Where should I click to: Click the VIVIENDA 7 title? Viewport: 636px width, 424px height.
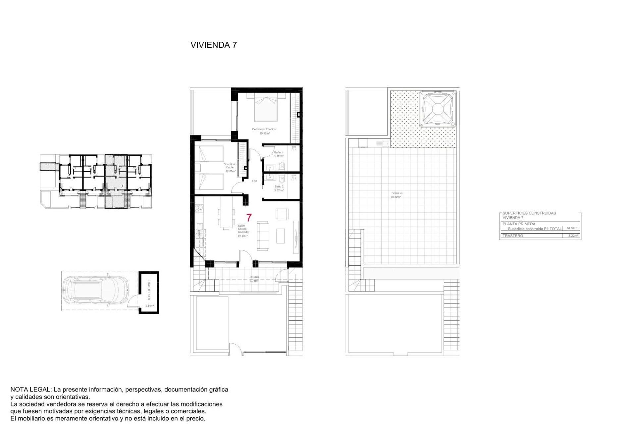click(x=214, y=45)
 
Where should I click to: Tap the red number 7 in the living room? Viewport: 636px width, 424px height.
click(x=249, y=218)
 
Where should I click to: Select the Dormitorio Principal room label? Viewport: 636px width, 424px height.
click(x=264, y=130)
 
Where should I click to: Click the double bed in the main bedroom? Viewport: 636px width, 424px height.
click(x=266, y=108)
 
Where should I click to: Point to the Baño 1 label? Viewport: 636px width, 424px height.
click(x=278, y=153)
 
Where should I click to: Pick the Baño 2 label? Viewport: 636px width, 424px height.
click(x=279, y=187)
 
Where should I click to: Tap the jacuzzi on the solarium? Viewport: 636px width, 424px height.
click(x=437, y=109)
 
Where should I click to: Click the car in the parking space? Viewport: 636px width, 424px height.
click(x=96, y=291)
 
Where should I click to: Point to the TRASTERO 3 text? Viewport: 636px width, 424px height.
click(x=149, y=290)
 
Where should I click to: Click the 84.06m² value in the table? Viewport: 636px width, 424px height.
click(x=572, y=228)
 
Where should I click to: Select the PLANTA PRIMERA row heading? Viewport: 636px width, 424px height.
click(x=519, y=224)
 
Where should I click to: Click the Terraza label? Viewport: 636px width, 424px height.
click(x=254, y=277)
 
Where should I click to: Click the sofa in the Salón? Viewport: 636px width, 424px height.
click(x=263, y=236)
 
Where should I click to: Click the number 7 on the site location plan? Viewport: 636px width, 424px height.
click(x=122, y=186)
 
